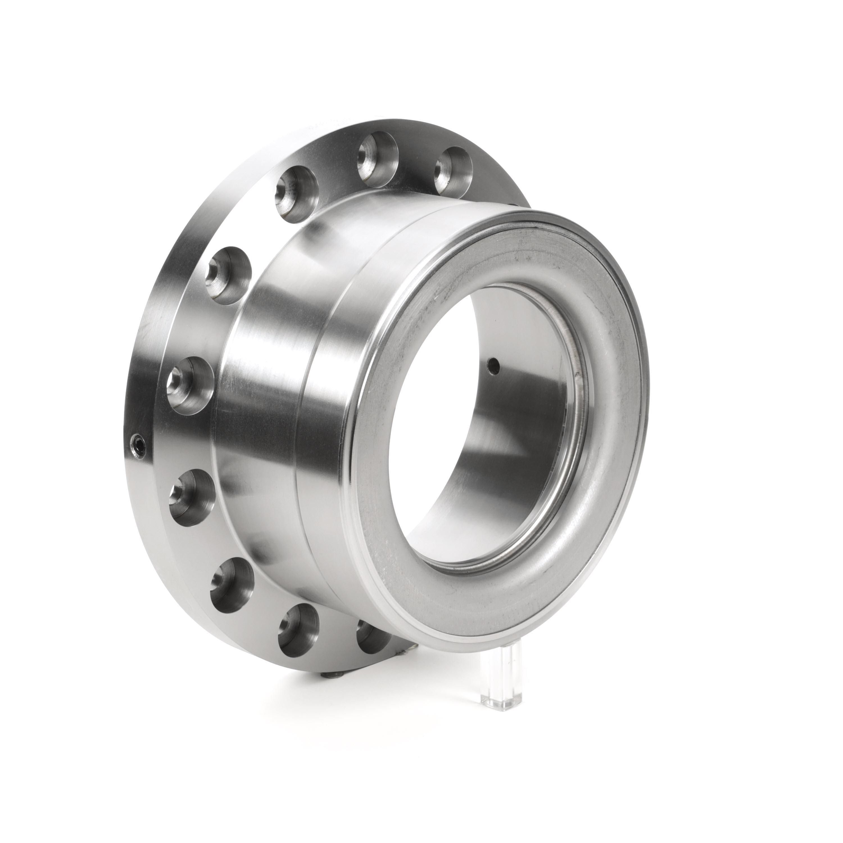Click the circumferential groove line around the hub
click(x=301, y=436)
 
